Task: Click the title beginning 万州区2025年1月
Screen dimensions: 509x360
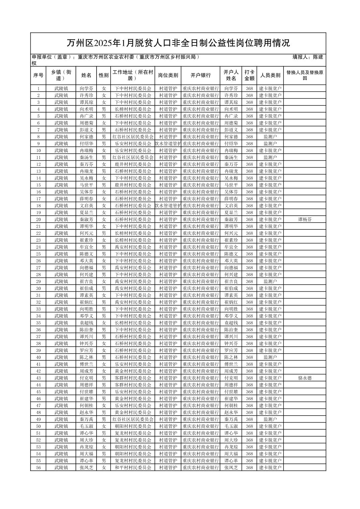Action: pyautogui.click(x=178, y=43)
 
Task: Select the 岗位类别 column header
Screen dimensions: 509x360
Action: pyautogui.click(x=168, y=75)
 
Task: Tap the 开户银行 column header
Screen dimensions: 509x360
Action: pyautogui.click(x=200, y=75)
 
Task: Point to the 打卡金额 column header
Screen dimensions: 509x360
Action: pyautogui.click(x=249, y=75)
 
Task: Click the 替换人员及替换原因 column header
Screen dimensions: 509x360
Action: pyautogui.click(x=305, y=75)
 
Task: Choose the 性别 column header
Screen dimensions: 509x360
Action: pyautogui.click(x=104, y=75)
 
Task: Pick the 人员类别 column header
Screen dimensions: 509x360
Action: pyautogui.click(x=270, y=75)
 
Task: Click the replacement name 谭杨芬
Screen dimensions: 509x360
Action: pyautogui.click(x=305, y=219)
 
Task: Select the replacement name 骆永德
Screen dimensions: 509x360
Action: pyautogui.click(x=305, y=378)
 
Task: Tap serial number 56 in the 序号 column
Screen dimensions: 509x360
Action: pyautogui.click(x=39, y=467)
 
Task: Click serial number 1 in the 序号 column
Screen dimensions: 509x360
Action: pyautogui.click(x=39, y=88)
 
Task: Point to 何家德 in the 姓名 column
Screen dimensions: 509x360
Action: pyautogui.click(x=86, y=137)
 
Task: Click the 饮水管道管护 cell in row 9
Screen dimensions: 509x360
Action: pyautogui.click(x=168, y=144)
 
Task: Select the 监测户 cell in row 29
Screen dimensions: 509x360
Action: pyautogui.click(x=270, y=282)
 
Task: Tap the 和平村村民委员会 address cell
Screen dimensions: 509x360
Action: pyautogui.click(x=133, y=467)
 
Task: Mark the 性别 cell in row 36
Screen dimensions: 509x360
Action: pyautogui.click(x=104, y=330)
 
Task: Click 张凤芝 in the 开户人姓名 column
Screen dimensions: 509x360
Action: pyautogui.click(x=231, y=467)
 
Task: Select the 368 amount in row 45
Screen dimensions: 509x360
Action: pyautogui.click(x=249, y=392)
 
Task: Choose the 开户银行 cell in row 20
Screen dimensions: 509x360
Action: pyautogui.click(x=200, y=219)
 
